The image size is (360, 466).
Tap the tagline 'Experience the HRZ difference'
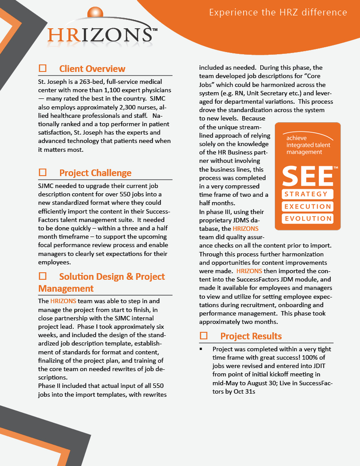click(x=278, y=12)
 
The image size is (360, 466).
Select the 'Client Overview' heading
click(x=92, y=69)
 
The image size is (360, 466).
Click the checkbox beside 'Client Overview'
click(x=43, y=68)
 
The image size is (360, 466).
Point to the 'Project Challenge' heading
click(x=95, y=173)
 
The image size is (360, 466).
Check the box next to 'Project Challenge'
click(x=43, y=173)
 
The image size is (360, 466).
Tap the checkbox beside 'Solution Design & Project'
click(x=43, y=276)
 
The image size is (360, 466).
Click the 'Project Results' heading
click(x=251, y=336)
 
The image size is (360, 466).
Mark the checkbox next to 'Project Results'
click(x=204, y=336)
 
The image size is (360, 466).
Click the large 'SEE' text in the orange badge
click(x=307, y=176)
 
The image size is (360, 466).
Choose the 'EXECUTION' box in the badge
click(x=307, y=207)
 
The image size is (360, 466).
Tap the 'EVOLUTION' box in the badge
click(x=307, y=219)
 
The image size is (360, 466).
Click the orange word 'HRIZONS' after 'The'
click(x=63, y=301)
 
